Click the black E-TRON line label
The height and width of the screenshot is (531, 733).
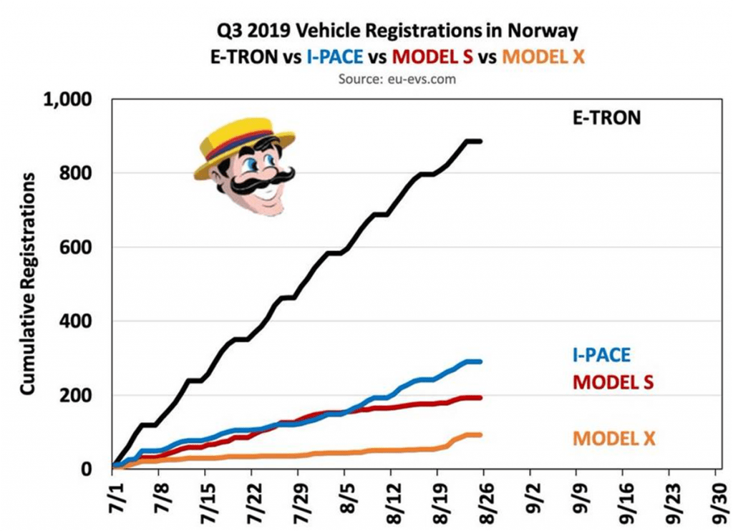point(606,117)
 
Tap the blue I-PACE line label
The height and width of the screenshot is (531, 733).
point(601,353)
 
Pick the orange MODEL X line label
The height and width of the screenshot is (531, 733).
point(613,437)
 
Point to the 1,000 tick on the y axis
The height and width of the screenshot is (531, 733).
point(70,99)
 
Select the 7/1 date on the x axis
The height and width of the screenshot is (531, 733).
point(113,497)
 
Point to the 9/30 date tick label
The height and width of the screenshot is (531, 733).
point(716,497)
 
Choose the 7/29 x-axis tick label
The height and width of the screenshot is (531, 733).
point(298,497)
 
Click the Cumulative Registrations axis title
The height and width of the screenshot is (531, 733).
point(27,283)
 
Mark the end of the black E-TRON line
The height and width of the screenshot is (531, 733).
point(481,141)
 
